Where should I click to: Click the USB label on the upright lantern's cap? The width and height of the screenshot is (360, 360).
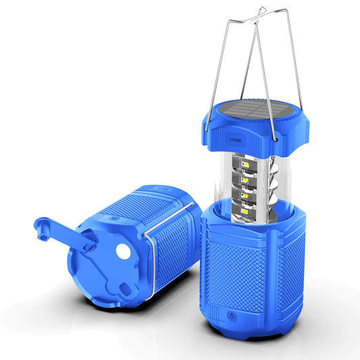pos(235,140)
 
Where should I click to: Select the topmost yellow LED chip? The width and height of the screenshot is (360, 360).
pos(245,165)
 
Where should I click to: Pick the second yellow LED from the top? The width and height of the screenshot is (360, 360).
pos(245,180)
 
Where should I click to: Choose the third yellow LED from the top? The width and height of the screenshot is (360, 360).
pos(245,196)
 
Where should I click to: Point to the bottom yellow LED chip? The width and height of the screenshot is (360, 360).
pos(245,211)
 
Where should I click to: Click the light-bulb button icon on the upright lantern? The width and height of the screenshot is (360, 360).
pos(232,317)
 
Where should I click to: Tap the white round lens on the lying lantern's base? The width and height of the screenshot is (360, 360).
pos(123,251)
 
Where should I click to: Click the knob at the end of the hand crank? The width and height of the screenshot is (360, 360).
pos(42,229)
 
